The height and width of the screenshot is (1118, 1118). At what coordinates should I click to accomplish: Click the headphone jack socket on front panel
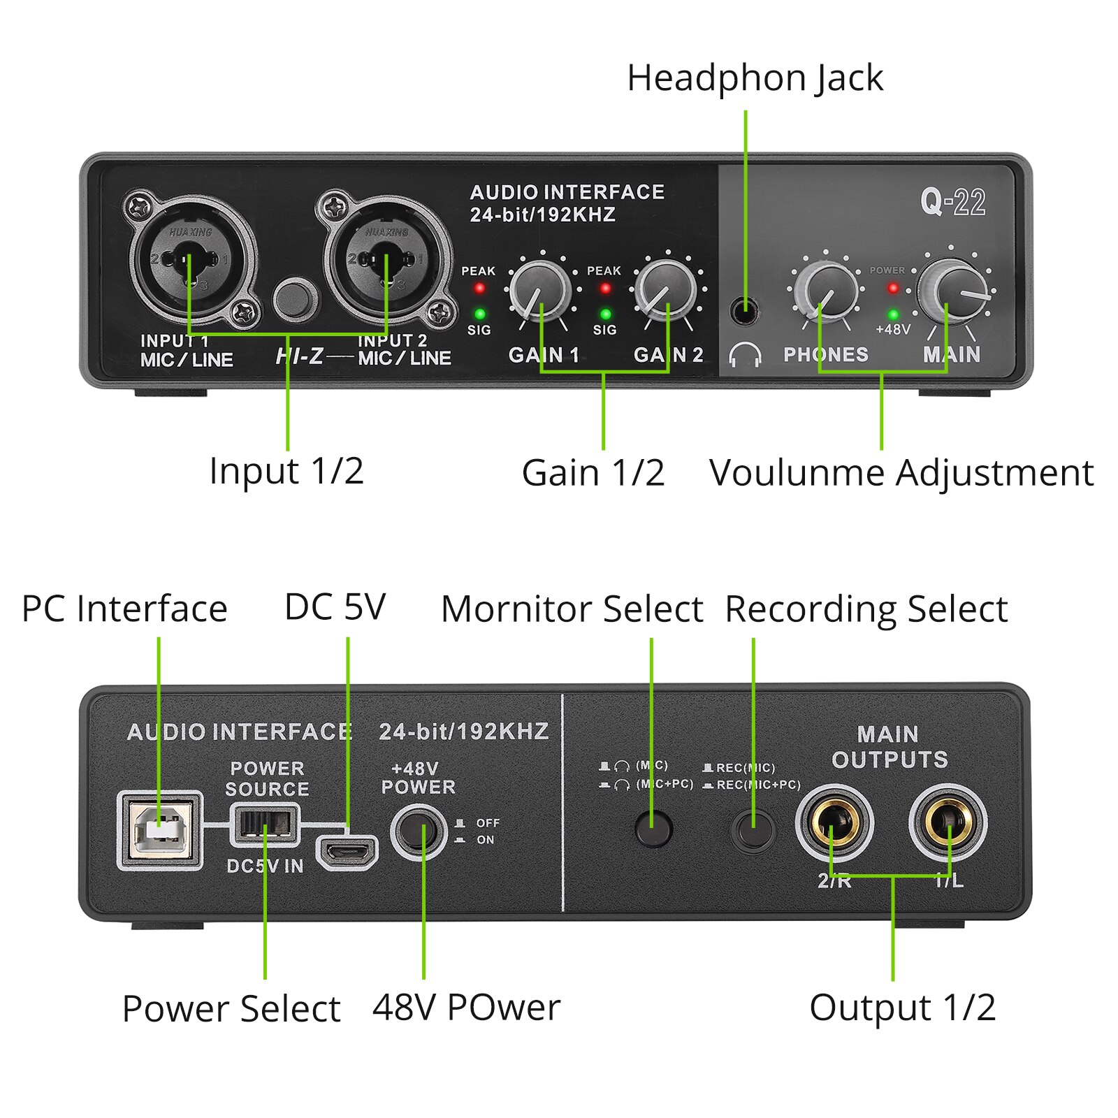pyautogui.click(x=745, y=310)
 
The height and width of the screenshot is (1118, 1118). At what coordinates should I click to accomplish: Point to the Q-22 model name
pyautogui.click(x=952, y=203)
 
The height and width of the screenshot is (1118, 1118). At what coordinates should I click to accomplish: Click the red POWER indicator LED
pyautogui.click(x=893, y=287)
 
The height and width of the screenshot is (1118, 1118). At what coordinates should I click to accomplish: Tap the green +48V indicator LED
pyautogui.click(x=893, y=314)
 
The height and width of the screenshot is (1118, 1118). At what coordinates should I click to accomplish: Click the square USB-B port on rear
pyautogui.click(x=160, y=830)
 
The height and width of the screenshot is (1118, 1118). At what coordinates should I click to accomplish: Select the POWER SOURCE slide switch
pyautogui.click(x=265, y=825)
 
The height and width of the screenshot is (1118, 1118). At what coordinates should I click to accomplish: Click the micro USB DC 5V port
pyautogui.click(x=347, y=852)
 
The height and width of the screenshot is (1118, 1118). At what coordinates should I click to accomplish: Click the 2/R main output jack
pyautogui.click(x=834, y=823)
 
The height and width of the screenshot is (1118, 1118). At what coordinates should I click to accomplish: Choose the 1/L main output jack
pyautogui.click(x=948, y=823)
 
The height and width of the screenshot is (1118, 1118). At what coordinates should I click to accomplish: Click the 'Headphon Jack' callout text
pyautogui.click(x=755, y=78)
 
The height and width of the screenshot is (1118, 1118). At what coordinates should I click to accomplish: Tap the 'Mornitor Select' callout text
pyautogui.click(x=572, y=609)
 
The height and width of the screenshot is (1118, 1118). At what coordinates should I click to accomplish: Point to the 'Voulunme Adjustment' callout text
pyautogui.click(x=901, y=473)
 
